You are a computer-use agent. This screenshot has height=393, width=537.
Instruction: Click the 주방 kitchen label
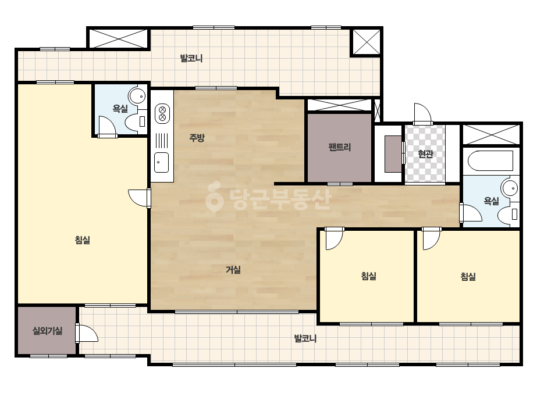pyautogui.click(x=197, y=138)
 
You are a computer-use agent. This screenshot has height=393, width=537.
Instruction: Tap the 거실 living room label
pyautogui.click(x=233, y=270)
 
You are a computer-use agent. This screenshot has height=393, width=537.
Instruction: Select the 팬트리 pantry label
pyautogui.click(x=339, y=147)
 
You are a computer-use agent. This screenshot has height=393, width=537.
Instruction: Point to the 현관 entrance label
pyautogui.click(x=425, y=154)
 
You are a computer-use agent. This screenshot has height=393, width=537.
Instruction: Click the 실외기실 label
pyautogui.click(x=47, y=331)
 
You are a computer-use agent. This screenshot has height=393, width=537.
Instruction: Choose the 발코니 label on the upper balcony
pyautogui.click(x=191, y=58)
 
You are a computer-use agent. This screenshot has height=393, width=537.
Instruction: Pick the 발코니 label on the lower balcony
pyautogui.click(x=305, y=338)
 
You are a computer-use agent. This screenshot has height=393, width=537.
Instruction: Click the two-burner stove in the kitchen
pyautogui.click(x=162, y=113)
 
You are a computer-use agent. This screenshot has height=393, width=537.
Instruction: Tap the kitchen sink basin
pyautogui.click(x=161, y=162)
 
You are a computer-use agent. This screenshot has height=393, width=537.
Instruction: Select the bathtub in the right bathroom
pyautogui.click(x=490, y=160)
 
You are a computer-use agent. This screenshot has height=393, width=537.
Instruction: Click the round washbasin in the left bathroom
pyautogui.click(x=137, y=96)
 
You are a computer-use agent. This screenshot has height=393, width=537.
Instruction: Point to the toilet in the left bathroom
pyautogui.click(x=136, y=122)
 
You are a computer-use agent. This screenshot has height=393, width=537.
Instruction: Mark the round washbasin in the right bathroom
pyautogui.click(x=510, y=188)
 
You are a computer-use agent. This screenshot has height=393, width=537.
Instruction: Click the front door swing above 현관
pyautogui.click(x=422, y=113)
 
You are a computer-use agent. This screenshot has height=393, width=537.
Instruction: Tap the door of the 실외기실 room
pyautogui.click(x=87, y=333)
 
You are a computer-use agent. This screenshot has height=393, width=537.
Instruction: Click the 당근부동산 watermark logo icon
pyautogui.click(x=214, y=197)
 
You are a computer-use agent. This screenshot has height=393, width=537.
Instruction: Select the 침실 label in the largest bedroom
pyautogui.click(x=82, y=240)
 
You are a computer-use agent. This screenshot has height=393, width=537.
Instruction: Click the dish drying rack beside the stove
pyautogui.click(x=162, y=140)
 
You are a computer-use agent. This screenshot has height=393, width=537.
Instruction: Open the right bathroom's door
pyautogui.click(x=471, y=212)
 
